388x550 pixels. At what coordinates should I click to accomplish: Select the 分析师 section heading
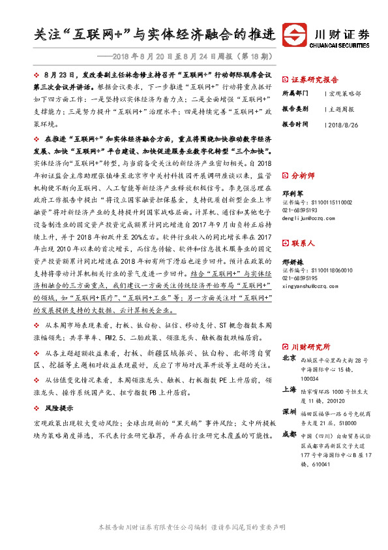click(x=303, y=176)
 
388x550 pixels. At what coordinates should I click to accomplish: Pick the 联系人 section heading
click(x=303, y=243)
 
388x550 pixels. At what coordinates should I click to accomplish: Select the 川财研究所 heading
click(x=310, y=347)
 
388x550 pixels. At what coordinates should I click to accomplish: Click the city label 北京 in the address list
click(x=290, y=359)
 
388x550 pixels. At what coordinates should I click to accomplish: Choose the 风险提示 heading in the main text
click(x=59, y=408)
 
